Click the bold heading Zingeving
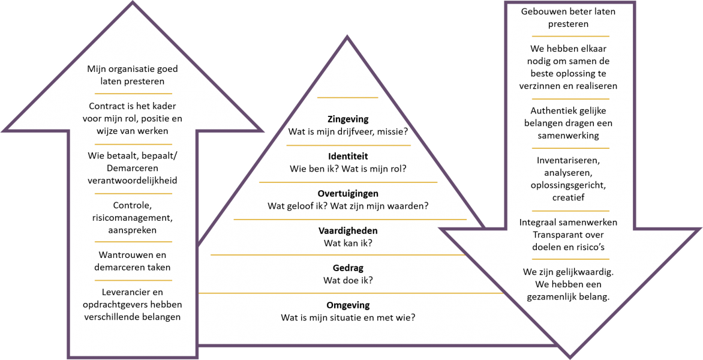348,119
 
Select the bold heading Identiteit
348,157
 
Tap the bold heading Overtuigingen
348,194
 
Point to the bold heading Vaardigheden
348,231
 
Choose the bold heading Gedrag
348,268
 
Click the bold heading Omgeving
348,305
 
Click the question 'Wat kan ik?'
348,243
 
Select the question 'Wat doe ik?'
348,280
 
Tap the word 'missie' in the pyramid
392,131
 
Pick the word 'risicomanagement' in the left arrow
132,218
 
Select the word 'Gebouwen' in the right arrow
542,11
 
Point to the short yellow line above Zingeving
348,97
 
